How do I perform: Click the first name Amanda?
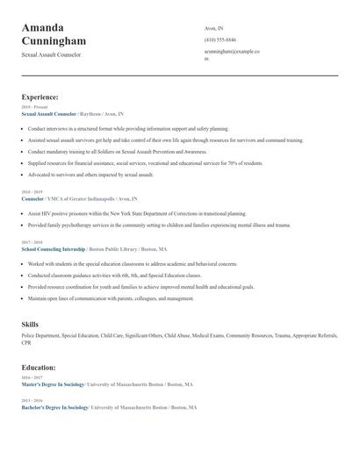click(x=48, y=27)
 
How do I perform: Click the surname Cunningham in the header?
click(x=54, y=41)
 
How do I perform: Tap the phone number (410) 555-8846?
click(x=220, y=39)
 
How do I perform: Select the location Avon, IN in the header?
click(x=214, y=28)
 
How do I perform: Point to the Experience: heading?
click(x=40, y=97)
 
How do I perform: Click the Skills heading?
click(x=30, y=325)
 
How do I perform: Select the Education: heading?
click(x=39, y=367)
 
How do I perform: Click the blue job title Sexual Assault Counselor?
click(x=48, y=114)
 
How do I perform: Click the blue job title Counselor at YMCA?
click(x=32, y=199)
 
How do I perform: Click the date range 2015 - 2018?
click(x=31, y=242)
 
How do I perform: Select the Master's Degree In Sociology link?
click(x=53, y=384)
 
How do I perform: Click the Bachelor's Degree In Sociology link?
click(x=54, y=408)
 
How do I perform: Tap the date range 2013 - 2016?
click(x=31, y=401)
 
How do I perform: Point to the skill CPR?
click(x=26, y=343)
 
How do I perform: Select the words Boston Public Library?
click(x=113, y=249)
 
